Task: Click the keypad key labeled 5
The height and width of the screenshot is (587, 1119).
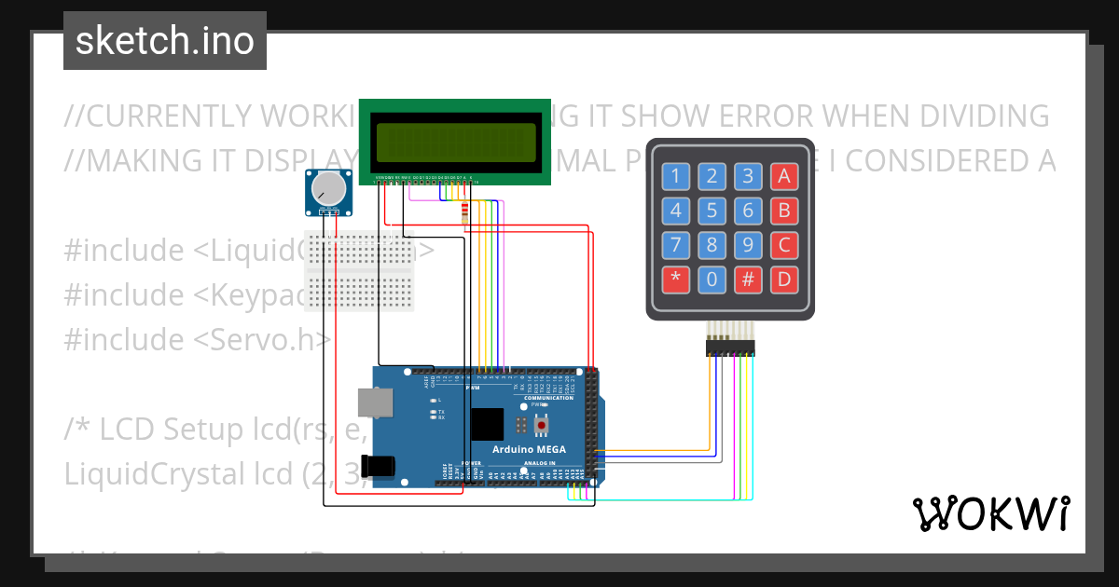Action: (x=712, y=211)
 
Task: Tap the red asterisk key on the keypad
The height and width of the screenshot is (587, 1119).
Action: (x=676, y=279)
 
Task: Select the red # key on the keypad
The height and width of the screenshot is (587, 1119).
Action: (x=748, y=279)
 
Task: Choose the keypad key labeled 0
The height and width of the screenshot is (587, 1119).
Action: (x=712, y=279)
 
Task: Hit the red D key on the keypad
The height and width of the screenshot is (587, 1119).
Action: (x=784, y=279)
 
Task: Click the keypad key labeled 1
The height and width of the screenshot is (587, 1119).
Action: (x=676, y=176)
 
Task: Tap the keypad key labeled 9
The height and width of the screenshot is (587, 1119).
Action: (x=748, y=245)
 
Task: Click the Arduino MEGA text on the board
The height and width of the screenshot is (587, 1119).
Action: (x=530, y=450)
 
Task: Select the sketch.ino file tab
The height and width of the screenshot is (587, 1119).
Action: (x=165, y=41)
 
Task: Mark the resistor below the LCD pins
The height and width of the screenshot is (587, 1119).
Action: (x=465, y=214)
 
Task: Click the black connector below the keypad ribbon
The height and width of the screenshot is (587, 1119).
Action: (x=730, y=348)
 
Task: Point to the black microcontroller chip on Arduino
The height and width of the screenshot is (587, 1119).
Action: (x=486, y=424)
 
